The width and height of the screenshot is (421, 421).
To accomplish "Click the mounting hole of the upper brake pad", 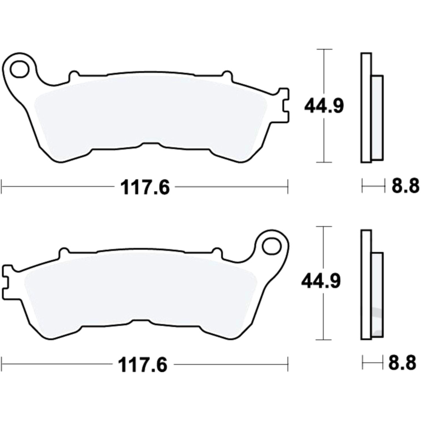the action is [x=19, y=69].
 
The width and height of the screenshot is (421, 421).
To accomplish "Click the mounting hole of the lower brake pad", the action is [x=271, y=246].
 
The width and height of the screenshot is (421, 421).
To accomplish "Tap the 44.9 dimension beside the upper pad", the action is [x=324, y=107].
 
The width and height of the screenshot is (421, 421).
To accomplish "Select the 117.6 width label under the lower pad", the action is [x=143, y=365].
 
